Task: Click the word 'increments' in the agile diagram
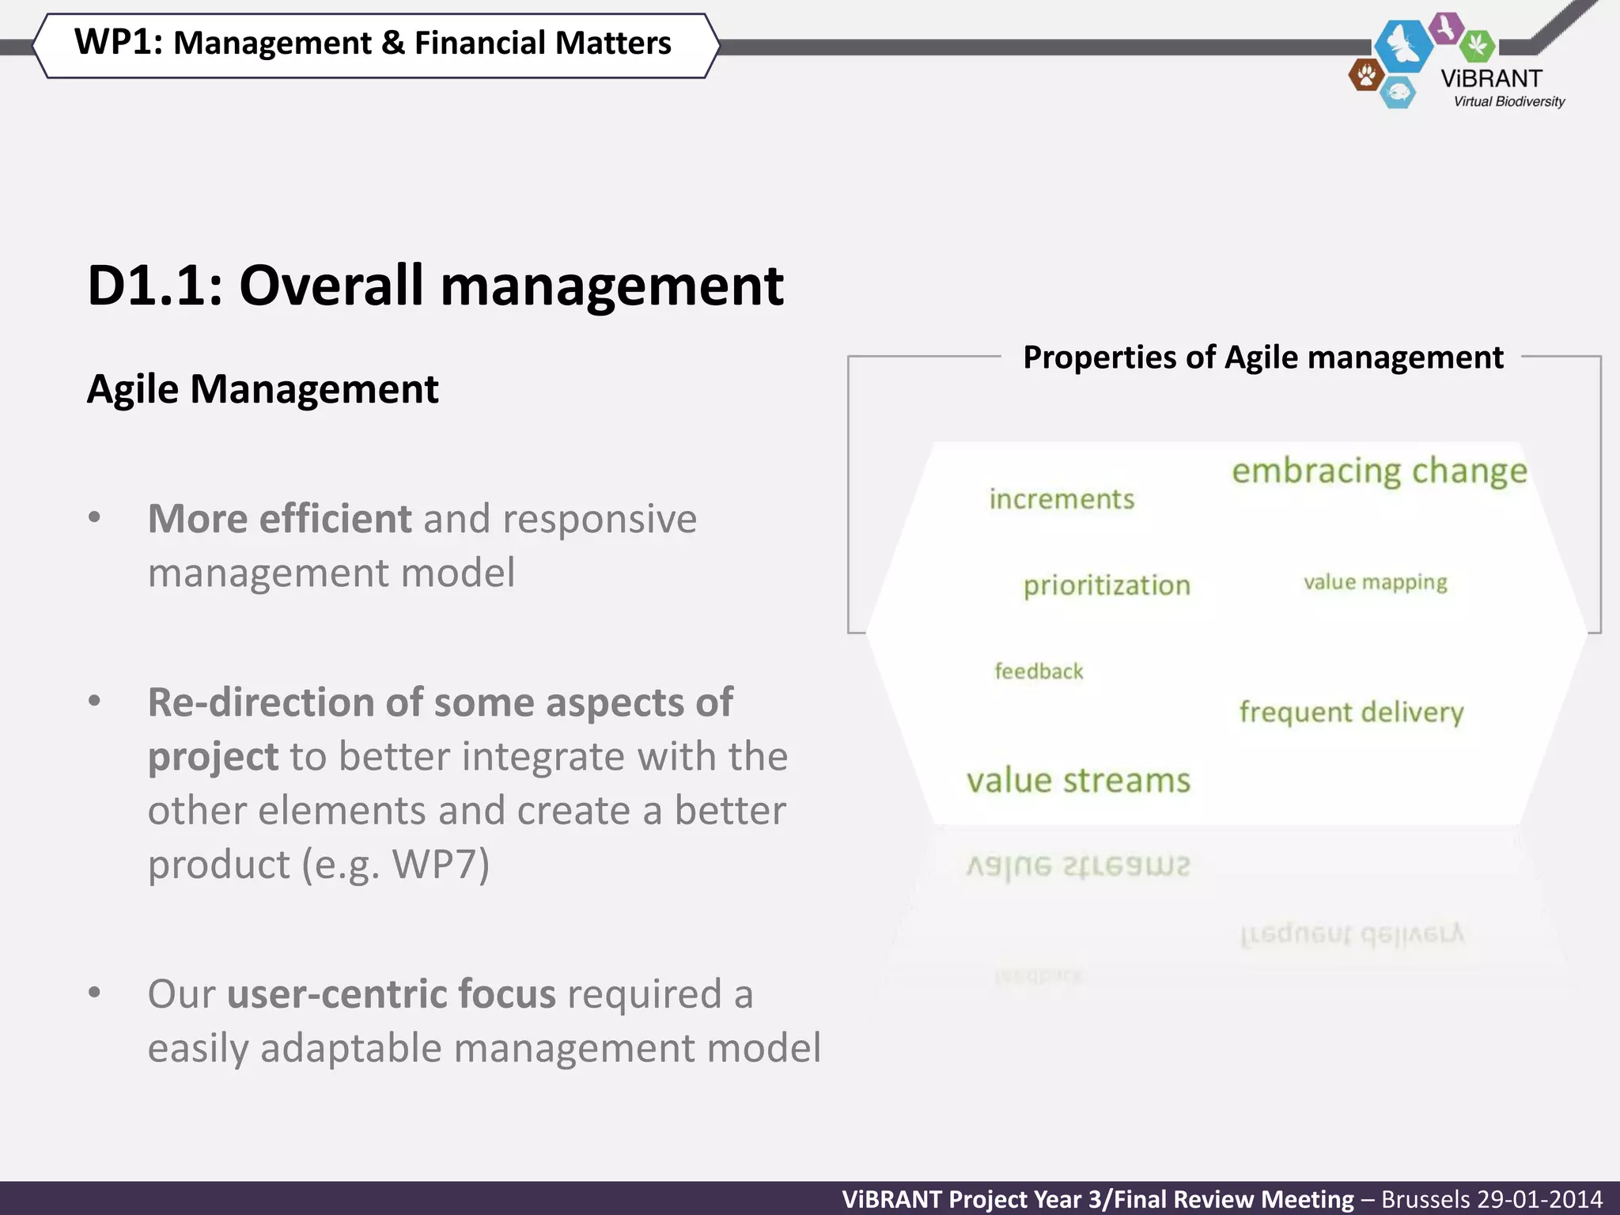click(1062, 499)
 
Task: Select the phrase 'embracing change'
click(1380, 471)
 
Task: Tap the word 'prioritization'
click(1107, 585)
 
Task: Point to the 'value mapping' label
click(1376, 582)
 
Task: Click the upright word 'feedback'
click(1039, 672)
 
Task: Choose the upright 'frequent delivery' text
click(1351, 712)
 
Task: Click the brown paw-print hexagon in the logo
click(1365, 76)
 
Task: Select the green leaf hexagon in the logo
click(1477, 46)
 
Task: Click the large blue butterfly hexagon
click(1403, 45)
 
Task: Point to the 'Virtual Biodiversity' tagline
click(1509, 101)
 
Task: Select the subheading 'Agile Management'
click(263, 389)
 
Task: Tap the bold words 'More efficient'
click(279, 519)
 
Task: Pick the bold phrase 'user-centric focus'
click(392, 994)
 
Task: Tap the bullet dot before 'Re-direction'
click(95, 701)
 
